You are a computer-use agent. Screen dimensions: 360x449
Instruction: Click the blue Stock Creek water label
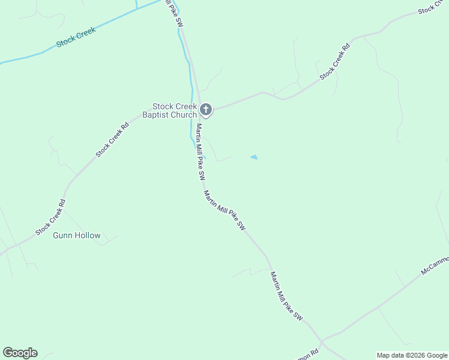point(76,38)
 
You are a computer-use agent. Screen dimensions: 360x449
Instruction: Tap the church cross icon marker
point(206,109)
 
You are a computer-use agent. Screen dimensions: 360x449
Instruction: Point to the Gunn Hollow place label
point(76,236)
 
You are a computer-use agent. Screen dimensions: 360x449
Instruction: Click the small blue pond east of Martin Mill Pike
point(254,157)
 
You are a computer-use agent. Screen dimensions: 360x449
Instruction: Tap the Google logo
point(20,353)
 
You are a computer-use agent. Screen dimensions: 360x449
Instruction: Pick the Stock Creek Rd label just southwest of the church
point(112,140)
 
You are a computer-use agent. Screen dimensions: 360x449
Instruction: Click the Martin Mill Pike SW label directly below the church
point(200,152)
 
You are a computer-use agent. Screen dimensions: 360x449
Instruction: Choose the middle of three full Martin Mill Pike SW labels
point(224,211)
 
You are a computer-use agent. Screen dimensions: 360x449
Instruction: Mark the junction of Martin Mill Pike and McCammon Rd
point(322,343)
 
